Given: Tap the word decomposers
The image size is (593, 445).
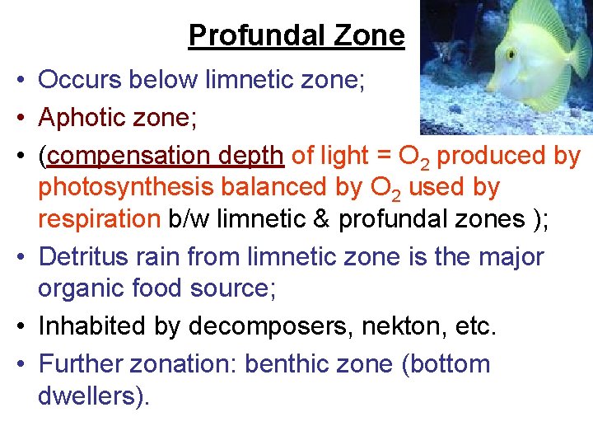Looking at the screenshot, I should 264,326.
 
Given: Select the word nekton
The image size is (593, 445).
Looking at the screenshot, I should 388,326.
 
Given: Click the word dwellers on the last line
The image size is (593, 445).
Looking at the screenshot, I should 91,396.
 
